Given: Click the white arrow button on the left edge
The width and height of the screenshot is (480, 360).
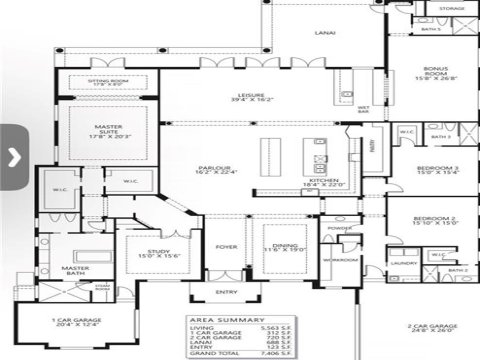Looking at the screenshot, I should click(x=12, y=156).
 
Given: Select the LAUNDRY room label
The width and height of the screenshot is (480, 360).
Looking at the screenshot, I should click(x=404, y=263).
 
